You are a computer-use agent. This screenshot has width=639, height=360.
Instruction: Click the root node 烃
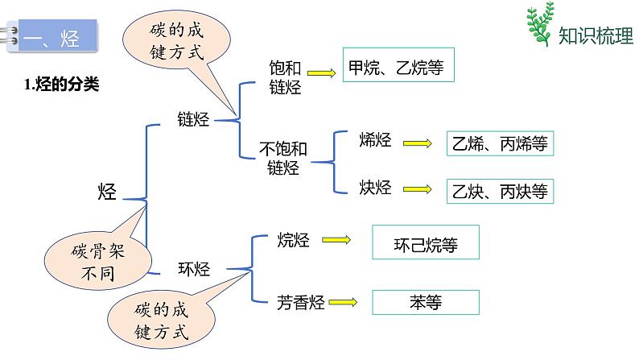[107, 192]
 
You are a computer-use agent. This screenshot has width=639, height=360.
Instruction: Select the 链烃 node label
[193, 120]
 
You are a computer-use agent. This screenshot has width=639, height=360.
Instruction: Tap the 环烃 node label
[193, 269]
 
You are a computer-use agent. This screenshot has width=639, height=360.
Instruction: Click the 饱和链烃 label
[285, 78]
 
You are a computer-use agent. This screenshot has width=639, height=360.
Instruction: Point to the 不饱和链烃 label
[282, 158]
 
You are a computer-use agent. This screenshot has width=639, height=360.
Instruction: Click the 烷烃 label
[294, 239]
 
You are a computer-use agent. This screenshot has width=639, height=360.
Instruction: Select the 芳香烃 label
[300, 303]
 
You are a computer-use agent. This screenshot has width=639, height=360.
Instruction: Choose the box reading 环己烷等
[426, 242]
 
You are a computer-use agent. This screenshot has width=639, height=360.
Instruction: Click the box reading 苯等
[426, 303]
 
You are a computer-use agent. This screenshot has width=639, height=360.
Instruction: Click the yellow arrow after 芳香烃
[344, 304]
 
